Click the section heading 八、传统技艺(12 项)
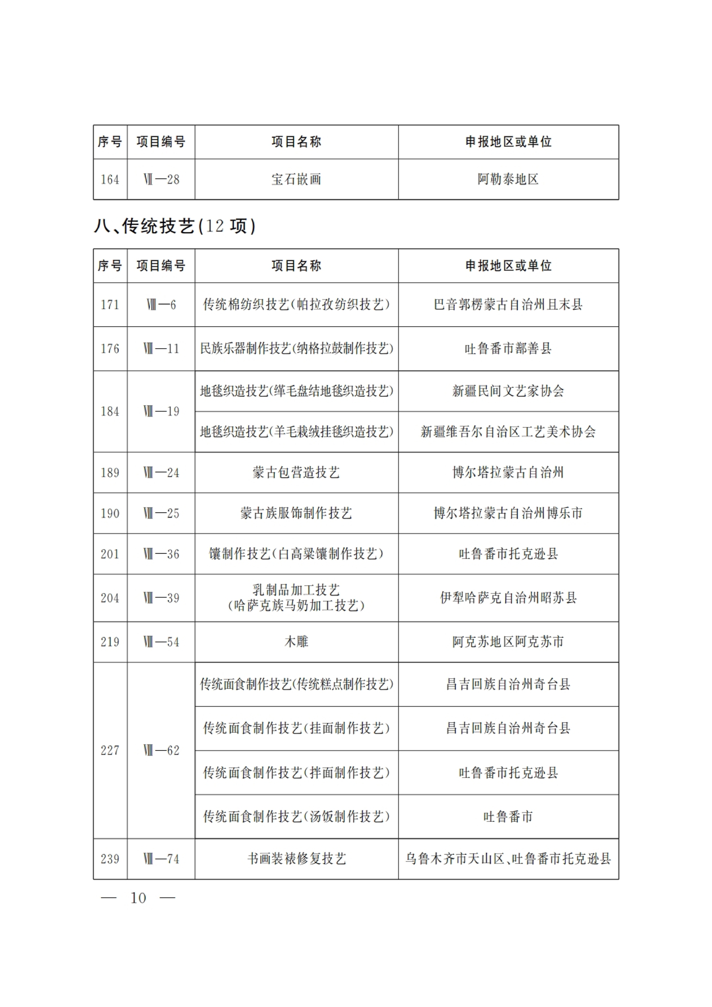[174, 226]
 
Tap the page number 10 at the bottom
[138, 897]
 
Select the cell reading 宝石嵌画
[296, 179]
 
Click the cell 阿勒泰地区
[508, 179]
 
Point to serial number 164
[110, 179]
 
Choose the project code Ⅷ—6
[161, 304]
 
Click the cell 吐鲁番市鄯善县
[508, 348]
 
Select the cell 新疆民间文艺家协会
[508, 391]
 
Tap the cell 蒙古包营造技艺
[296, 472]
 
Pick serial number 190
[110, 513]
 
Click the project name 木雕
[296, 642]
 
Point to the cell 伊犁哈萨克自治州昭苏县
[508, 598]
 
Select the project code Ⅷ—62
[161, 750]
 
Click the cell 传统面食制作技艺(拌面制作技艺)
[296, 772]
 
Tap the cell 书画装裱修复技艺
[296, 859]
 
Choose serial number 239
[110, 859]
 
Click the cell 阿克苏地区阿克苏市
[508, 642]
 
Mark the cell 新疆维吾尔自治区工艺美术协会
[508, 432]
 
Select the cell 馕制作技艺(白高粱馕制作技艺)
[296, 554]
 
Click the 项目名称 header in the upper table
[296, 142]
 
